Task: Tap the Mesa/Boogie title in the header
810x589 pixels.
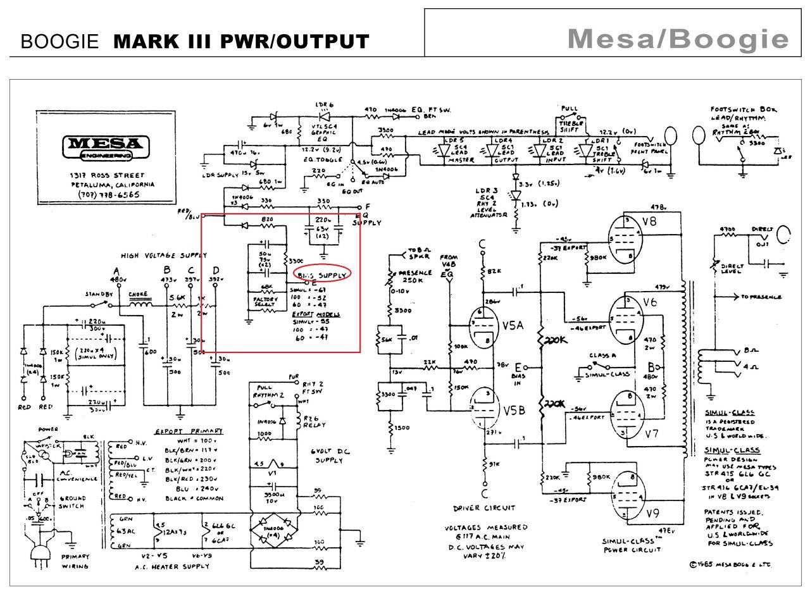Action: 678,40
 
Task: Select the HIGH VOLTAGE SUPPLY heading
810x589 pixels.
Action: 164,255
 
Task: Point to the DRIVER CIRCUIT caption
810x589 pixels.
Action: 484,507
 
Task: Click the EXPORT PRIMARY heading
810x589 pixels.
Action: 183,431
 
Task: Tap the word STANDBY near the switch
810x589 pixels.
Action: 99,295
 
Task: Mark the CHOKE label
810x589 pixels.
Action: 139,295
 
